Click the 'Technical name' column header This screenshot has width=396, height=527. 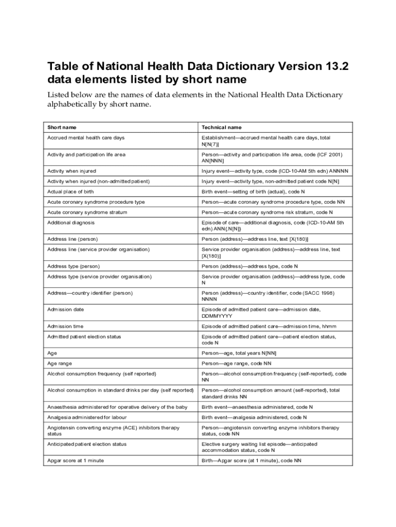[222, 127]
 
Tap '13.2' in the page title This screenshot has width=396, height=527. [341, 66]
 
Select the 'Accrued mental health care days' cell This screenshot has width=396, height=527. [86, 138]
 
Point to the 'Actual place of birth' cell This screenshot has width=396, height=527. [70, 191]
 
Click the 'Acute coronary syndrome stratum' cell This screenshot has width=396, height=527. [87, 212]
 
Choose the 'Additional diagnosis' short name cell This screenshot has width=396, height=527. [70, 223]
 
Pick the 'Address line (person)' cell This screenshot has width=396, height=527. [73, 239]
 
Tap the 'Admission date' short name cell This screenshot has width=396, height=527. [66, 309]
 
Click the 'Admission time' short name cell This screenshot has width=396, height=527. [66, 326]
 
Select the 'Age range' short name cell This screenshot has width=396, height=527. [60, 363]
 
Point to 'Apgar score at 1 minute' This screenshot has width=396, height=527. [75, 461]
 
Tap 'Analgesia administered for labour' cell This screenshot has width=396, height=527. [87, 417]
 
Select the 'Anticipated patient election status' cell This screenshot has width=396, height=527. [87, 444]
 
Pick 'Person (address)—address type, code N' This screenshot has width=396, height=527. [250, 266]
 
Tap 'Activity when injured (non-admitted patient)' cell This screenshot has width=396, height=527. [99, 181]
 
